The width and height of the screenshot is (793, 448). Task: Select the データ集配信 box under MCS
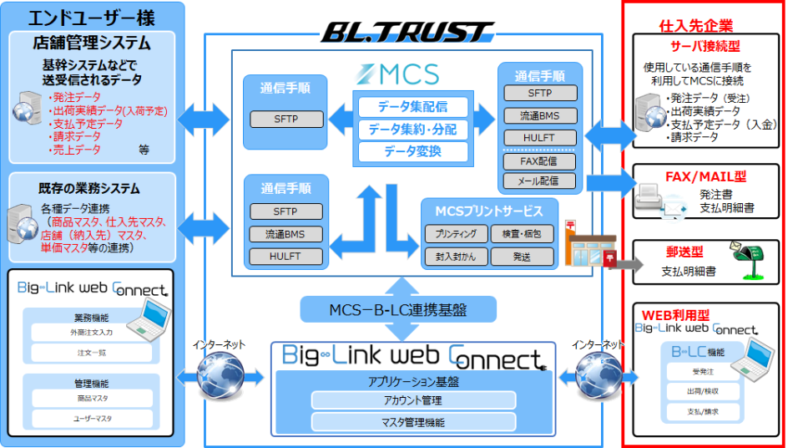pyautogui.click(x=412, y=107)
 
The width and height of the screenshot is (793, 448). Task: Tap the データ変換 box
pyautogui.click(x=412, y=151)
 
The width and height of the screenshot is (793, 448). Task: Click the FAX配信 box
pyautogui.click(x=540, y=160)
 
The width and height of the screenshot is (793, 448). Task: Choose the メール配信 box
pyautogui.click(x=540, y=180)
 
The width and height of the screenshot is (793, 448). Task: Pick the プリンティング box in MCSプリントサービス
pyautogui.click(x=456, y=234)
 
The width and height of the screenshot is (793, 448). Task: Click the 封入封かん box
pyautogui.click(x=456, y=256)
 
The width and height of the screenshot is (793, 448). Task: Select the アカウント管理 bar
pyautogui.click(x=409, y=400)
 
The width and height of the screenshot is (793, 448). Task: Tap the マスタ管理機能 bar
pyautogui.click(x=409, y=420)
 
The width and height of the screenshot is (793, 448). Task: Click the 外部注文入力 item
pyautogui.click(x=92, y=332)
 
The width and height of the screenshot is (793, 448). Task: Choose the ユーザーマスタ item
pyautogui.click(x=92, y=417)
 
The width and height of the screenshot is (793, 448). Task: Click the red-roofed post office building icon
pyautogui.click(x=588, y=246)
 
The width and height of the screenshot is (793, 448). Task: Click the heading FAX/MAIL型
pyautogui.click(x=706, y=177)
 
